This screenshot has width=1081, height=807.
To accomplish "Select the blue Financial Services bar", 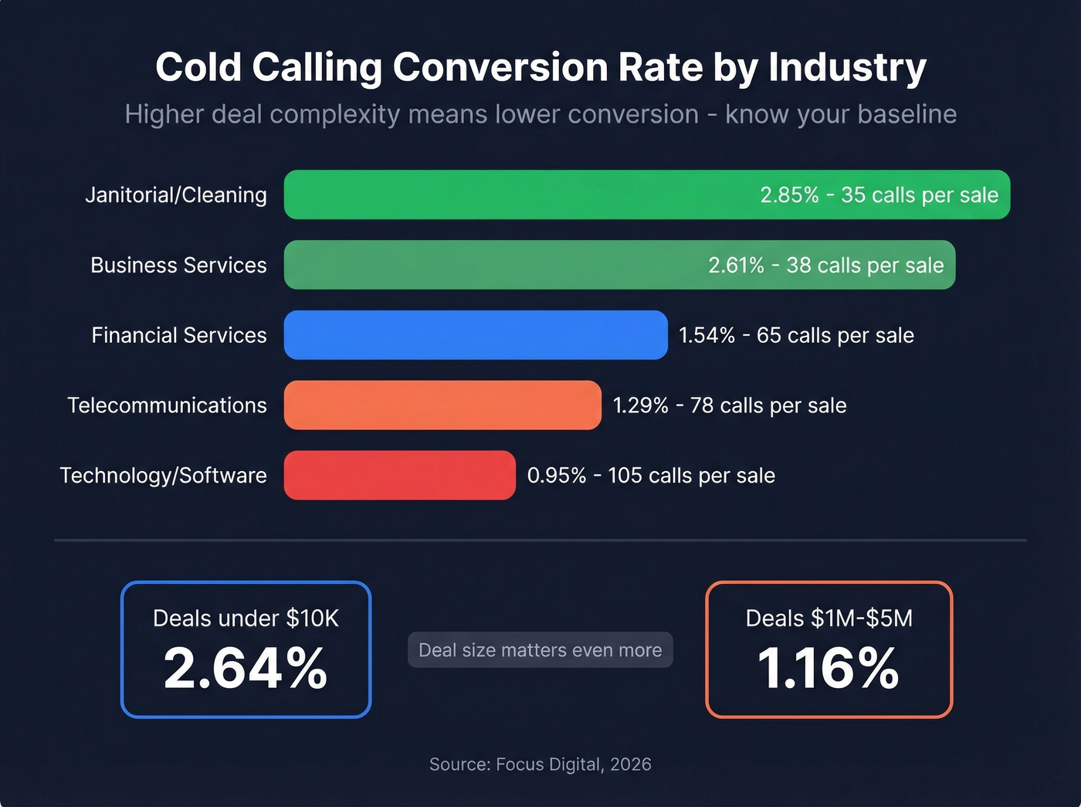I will tap(476, 335).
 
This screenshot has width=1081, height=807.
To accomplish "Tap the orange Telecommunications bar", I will tap(442, 405).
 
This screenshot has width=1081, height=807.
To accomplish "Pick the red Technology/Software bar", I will tap(399, 475).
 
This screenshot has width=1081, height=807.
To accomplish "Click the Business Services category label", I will tap(178, 265).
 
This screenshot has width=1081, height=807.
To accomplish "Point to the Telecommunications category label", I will tap(167, 405).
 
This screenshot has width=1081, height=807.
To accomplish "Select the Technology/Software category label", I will tap(163, 475).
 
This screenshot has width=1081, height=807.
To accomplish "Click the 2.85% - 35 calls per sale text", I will tap(879, 195).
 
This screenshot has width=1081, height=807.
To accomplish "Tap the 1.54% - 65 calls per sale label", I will tap(796, 335).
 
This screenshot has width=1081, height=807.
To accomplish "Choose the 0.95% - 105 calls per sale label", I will tap(651, 475).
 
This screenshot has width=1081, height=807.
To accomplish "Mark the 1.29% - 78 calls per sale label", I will tap(730, 405).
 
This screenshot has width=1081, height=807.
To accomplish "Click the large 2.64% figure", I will tap(246, 668).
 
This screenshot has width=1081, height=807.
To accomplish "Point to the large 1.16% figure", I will tap(829, 668).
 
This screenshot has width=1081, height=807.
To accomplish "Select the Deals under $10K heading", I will tap(246, 618).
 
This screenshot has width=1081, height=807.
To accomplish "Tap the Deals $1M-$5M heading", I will tap(829, 618).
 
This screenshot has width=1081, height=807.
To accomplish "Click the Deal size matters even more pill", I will tap(540, 649).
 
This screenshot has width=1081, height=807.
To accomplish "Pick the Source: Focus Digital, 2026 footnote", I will tap(540, 764).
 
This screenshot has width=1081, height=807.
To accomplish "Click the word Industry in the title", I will tap(847, 67).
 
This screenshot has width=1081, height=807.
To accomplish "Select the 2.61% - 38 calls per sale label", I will tap(825, 265).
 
